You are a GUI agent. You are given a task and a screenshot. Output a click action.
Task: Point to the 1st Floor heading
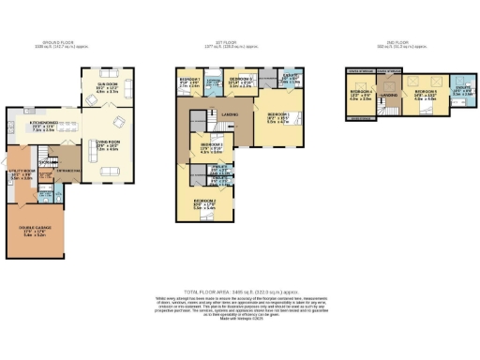[x=232, y=42]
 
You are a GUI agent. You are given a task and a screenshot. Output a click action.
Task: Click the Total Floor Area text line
[x=240, y=292]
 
